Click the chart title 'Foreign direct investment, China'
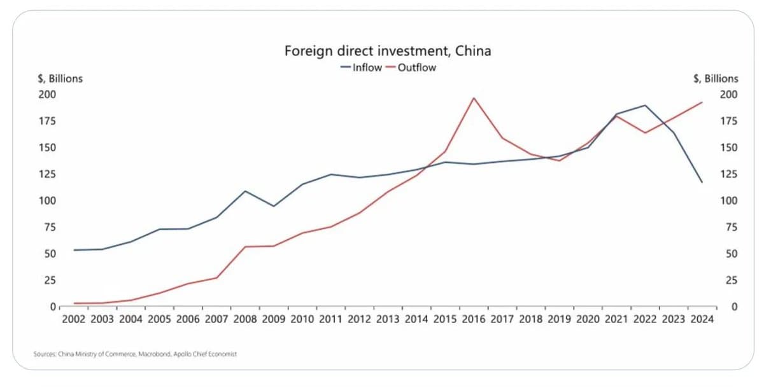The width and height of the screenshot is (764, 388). point(387,51)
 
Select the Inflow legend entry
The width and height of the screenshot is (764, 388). point(360,67)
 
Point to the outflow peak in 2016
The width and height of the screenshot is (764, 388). point(474,98)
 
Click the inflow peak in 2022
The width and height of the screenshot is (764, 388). point(645,106)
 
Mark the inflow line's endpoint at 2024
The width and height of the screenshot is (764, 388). point(702,183)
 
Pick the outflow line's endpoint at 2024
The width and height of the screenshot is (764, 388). point(702,102)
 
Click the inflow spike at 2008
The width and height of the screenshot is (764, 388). point(245,191)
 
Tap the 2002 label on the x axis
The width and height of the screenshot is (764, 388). point(74,319)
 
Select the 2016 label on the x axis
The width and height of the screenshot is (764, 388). point(474,319)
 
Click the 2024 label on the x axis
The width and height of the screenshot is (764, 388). point(702,319)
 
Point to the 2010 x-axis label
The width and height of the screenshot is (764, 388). point(302,319)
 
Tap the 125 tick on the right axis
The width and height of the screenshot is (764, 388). point(729,174)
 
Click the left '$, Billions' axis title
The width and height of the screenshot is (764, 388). point(59,79)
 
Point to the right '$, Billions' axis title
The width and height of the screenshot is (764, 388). point(716,79)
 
